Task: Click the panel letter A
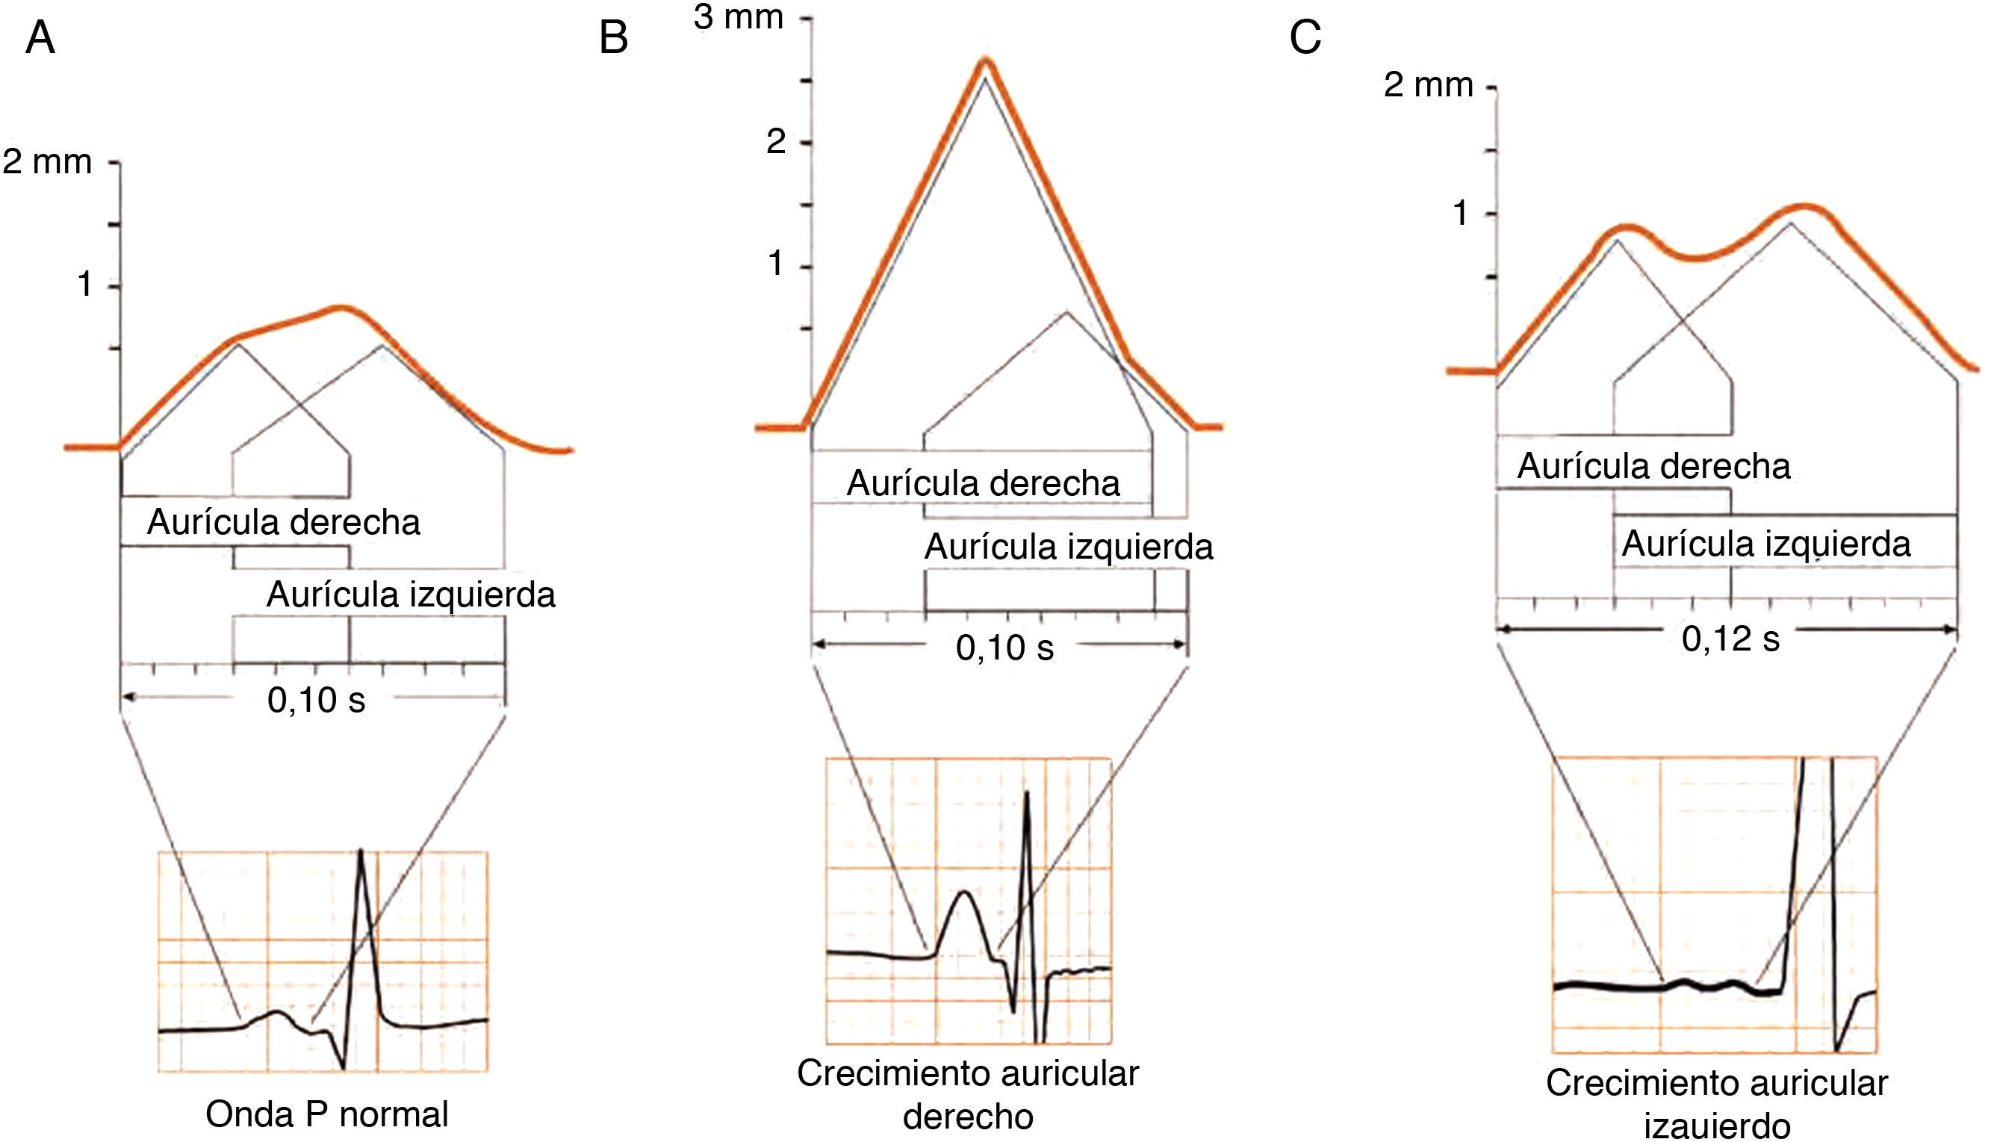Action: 40,38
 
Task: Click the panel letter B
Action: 613,38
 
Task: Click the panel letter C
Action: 1305,38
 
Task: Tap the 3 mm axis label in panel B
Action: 738,17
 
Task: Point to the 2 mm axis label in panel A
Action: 47,162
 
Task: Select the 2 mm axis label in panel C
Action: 1428,85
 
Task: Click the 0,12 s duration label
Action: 1730,639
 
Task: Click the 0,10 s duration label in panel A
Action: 316,700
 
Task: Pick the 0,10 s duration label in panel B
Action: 1004,648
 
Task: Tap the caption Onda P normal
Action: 327,1114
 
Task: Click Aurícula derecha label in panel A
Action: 284,522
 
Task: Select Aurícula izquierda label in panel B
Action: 1069,547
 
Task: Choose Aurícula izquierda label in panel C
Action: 1766,544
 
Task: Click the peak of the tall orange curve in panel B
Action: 986,61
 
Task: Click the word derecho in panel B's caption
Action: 968,1117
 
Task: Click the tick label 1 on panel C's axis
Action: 1460,214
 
